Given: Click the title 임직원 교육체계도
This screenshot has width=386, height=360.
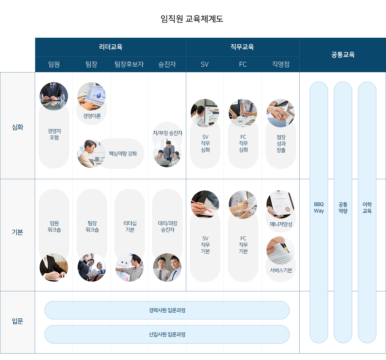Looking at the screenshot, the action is point(192,19).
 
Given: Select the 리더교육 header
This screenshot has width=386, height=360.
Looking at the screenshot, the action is point(111,47).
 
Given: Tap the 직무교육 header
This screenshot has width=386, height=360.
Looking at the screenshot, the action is point(242,47).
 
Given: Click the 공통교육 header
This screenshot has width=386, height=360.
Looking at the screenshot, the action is point(343,55).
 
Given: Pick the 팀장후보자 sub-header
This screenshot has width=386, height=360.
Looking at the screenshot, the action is point(129,64).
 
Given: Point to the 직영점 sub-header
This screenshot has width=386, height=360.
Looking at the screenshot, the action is point(281,64).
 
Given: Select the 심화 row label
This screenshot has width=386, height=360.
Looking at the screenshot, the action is point(17,127).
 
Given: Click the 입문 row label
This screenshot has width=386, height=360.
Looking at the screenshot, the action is point(17,321).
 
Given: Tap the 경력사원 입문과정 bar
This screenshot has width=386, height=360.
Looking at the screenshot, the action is point(167,310).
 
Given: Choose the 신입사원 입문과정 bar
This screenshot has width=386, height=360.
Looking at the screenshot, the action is point(167,335).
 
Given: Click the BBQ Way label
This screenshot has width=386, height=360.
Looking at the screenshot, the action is point(319,208).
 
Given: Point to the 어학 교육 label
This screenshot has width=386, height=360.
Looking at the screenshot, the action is point(367,208).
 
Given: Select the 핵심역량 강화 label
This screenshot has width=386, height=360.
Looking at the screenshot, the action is point(123,154).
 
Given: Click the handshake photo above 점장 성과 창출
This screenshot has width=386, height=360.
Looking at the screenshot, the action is point(281,113).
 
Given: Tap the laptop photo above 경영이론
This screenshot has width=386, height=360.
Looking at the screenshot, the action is point(92,96).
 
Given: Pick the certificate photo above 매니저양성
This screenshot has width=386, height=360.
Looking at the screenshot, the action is point(281,204).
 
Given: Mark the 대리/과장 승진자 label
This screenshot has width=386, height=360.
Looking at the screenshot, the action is point(168,227).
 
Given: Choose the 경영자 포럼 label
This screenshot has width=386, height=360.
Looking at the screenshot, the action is point(54,134).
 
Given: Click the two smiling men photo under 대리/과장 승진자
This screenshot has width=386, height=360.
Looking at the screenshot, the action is point(167,268).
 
